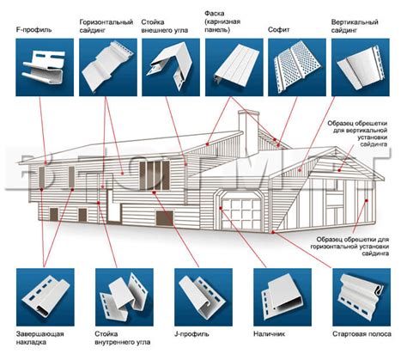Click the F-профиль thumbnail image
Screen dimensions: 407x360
[x=45, y=67]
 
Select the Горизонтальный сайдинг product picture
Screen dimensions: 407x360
[x=108, y=67]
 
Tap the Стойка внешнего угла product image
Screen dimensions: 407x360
[x=171, y=67]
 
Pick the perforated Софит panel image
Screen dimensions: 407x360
[x=297, y=67]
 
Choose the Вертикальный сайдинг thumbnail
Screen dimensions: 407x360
[x=361, y=67]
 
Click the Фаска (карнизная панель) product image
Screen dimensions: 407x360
[x=234, y=67]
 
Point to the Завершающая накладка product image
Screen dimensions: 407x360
[x=46, y=297]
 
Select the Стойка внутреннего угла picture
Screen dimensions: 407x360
[x=125, y=297]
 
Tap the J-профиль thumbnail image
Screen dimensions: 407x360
[x=203, y=297]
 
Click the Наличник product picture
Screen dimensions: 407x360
[x=282, y=297]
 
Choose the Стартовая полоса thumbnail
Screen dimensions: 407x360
[x=361, y=297]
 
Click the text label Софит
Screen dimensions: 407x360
[x=279, y=30]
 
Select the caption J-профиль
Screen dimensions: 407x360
[x=191, y=334]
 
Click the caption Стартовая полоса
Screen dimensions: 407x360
[x=361, y=334]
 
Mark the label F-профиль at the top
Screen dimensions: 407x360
[x=33, y=30]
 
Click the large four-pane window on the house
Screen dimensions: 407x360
[x=155, y=175]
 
